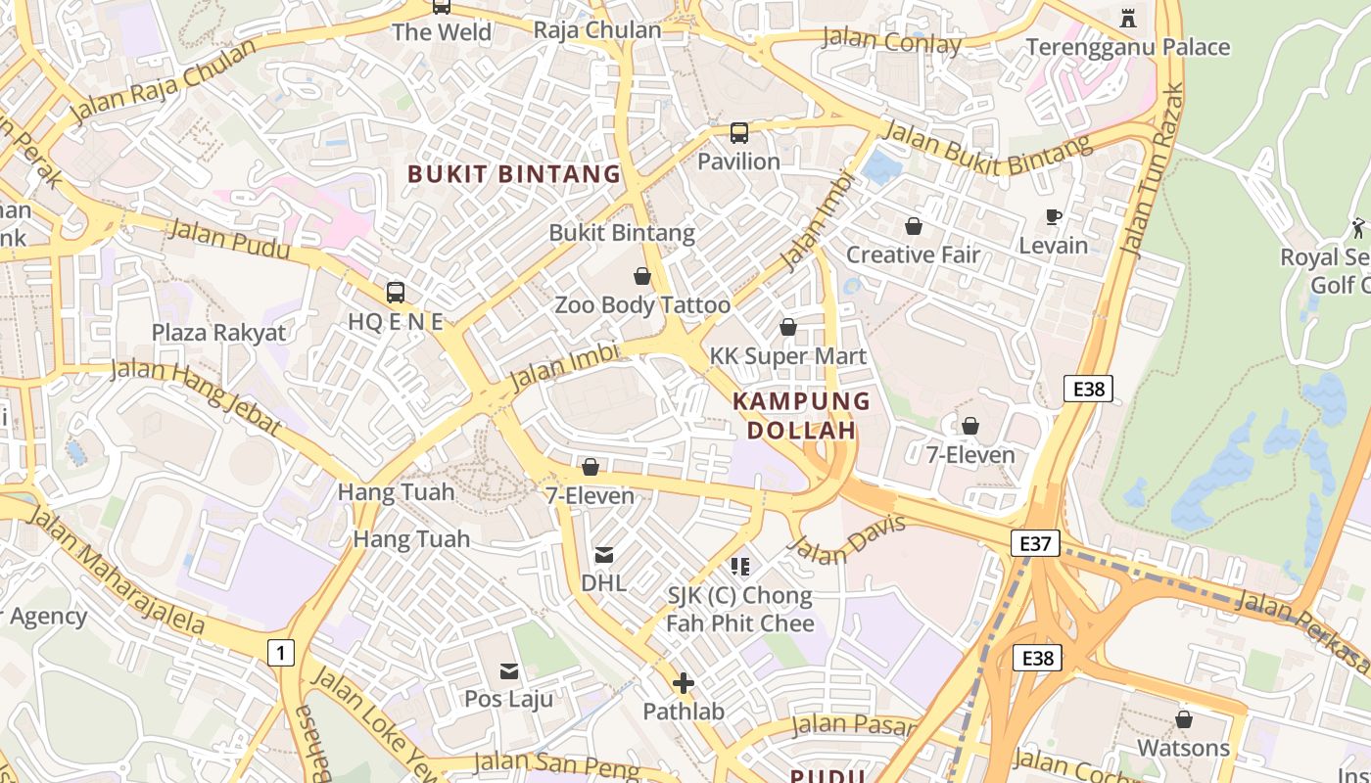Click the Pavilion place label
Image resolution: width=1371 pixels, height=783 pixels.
tap(738, 161)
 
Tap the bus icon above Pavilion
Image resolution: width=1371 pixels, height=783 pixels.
tap(739, 133)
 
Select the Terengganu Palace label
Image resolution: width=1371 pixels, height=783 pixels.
tap(1127, 47)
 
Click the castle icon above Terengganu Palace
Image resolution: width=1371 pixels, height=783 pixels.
tap(1127, 18)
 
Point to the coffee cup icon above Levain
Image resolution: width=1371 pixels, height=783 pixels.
tap(1054, 217)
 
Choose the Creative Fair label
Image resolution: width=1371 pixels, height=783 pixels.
tap(913, 255)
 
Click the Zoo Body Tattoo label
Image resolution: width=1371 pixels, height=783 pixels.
tap(642, 305)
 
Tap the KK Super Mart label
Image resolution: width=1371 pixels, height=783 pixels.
tap(788, 356)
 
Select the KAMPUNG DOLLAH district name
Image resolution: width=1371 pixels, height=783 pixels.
tap(801, 415)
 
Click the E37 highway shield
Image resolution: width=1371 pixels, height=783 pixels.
tap(1035, 543)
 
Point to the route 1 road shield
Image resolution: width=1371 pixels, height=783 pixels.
tap(281, 652)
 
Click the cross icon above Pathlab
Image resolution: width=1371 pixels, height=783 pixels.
tap(684, 683)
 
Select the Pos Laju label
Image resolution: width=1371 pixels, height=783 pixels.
tap(508, 700)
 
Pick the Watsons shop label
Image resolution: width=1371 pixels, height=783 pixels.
tap(1183, 749)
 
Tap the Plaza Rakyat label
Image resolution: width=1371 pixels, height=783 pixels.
tap(218, 333)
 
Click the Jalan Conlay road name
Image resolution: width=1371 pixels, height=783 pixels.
tap(891, 42)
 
